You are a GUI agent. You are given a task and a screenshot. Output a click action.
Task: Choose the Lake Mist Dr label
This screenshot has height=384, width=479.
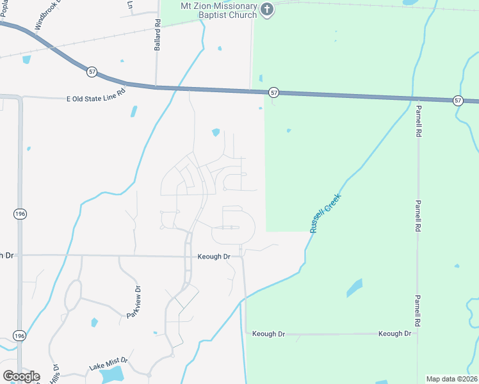[x=108, y=365]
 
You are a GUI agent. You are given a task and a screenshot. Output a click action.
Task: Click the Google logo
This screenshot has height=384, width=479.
[x=20, y=376]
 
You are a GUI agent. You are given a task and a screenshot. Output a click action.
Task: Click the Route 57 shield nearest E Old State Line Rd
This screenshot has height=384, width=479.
[x=93, y=72]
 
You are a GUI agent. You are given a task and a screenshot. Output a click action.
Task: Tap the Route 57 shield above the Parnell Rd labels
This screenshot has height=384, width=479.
[x=458, y=100]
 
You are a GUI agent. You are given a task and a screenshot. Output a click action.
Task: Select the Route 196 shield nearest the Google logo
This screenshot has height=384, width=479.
[x=20, y=336]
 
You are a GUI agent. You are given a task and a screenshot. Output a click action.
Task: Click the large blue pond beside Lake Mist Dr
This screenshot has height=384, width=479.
[x=113, y=374]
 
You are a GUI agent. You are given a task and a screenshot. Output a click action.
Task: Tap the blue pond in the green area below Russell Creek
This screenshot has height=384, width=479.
[x=354, y=288]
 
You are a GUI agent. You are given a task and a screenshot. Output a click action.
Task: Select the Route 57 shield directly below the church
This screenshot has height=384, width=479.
[x=274, y=93]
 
